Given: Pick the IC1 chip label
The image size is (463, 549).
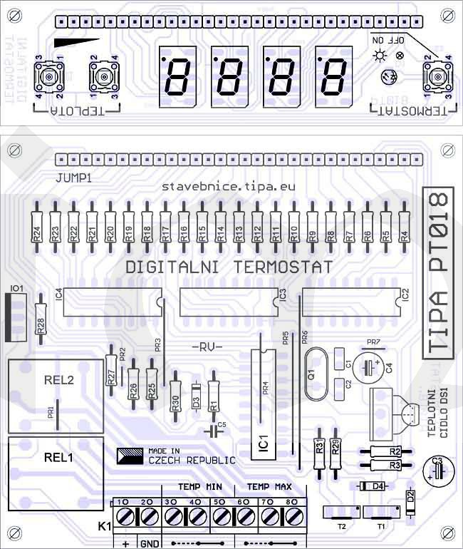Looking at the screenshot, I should tap(264, 443).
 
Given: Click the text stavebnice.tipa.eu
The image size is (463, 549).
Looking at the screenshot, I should tap(228, 185).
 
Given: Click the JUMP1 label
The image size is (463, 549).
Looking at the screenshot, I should tap(73, 175).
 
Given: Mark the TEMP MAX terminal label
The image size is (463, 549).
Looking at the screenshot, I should tap(269, 487).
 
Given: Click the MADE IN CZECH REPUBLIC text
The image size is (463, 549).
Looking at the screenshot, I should tap(190, 456).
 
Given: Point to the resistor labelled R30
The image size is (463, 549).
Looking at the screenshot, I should tap(175, 400).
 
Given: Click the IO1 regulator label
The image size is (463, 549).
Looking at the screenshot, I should tap(16, 289).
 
